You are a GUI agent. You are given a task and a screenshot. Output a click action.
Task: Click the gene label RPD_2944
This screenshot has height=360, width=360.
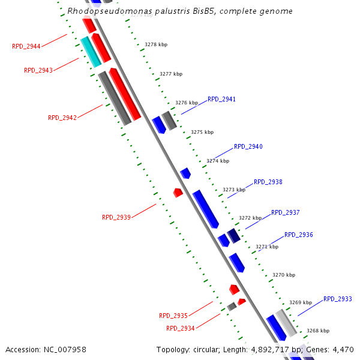pyautogui.click(x=26, y=46)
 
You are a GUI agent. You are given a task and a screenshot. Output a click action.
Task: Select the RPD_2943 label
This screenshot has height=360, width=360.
pyautogui.click(x=38, y=70)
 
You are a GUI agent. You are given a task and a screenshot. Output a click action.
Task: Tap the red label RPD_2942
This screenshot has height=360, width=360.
pyautogui.click(x=62, y=118)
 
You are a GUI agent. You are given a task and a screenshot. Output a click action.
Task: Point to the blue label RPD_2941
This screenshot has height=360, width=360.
pyautogui.click(x=222, y=99)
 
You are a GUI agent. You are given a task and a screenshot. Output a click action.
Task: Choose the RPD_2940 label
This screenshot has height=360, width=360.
pyautogui.click(x=248, y=146)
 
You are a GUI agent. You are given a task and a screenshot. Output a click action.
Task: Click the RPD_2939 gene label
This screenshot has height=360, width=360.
pyautogui.click(x=116, y=218)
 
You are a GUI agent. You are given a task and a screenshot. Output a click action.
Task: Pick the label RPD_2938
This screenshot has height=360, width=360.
pyautogui.click(x=268, y=182)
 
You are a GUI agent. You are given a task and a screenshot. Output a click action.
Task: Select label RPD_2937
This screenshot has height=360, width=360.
pyautogui.click(x=286, y=212)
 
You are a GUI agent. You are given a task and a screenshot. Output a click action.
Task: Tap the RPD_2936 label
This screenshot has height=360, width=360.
pyautogui.click(x=299, y=235)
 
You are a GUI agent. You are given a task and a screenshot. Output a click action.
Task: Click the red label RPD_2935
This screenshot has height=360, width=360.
pyautogui.click(x=173, y=316)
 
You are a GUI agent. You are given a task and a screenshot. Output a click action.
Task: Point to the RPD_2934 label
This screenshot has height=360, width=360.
pyautogui.click(x=181, y=328)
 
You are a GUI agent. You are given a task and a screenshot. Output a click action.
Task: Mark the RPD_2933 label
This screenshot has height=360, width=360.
pyautogui.click(x=338, y=299)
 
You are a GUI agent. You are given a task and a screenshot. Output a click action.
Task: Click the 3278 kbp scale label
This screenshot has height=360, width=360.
pyautogui.click(x=156, y=44)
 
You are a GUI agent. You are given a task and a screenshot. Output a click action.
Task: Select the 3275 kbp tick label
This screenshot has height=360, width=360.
pyautogui.click(x=202, y=132)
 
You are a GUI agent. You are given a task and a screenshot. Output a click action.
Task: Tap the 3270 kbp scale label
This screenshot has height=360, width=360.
pyautogui.click(x=284, y=275)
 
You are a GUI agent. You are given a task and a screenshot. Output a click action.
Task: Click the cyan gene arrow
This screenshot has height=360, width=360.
pyautogui.click(x=91, y=52)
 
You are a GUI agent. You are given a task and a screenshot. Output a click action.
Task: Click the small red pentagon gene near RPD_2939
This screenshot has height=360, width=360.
pyautogui.click(x=178, y=193)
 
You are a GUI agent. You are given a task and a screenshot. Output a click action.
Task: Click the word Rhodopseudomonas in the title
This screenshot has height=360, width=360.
pyautogui.click(x=101, y=11)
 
